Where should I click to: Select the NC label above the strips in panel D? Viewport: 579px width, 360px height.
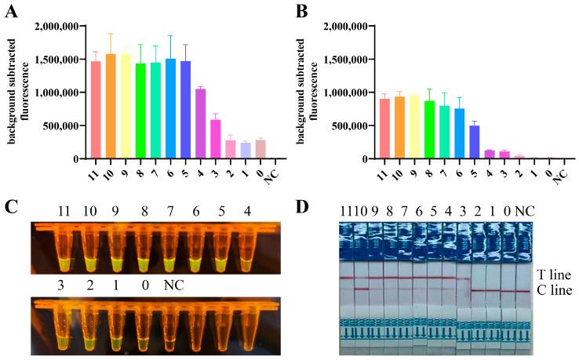(522, 211)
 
